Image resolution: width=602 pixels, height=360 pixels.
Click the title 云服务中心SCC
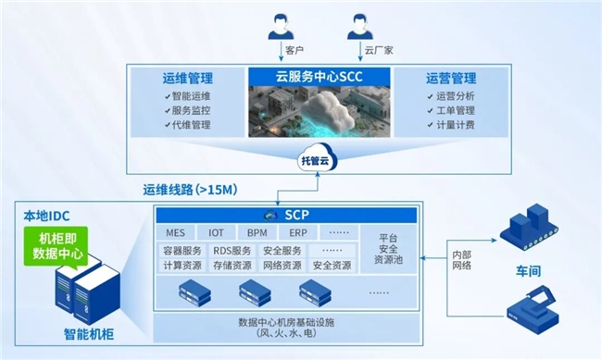319,77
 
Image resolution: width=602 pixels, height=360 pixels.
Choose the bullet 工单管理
458,110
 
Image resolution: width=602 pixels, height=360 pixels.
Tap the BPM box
257,233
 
